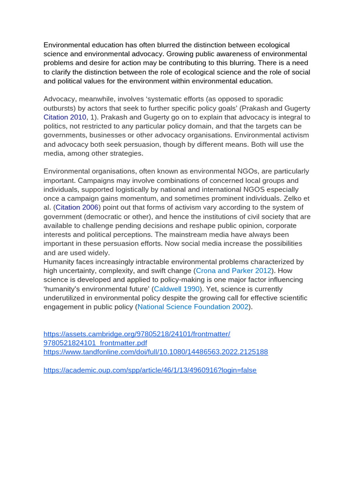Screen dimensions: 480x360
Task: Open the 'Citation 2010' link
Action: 65,117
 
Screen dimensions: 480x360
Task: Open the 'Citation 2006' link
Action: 77,207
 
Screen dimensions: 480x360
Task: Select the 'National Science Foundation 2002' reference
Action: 193,307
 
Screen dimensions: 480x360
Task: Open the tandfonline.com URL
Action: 156,352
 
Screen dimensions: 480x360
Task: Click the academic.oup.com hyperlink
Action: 150,370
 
